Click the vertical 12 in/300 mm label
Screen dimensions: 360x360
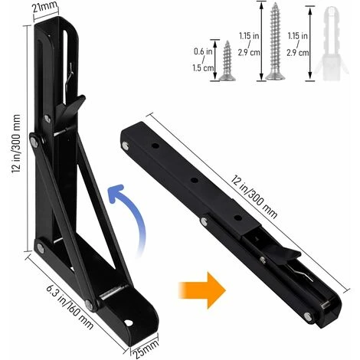pos(10,142)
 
